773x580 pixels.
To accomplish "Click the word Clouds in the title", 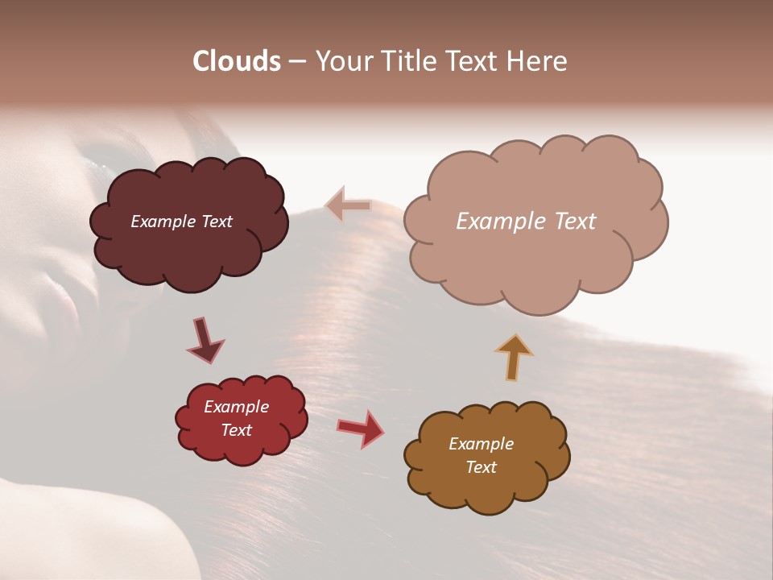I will [237, 61].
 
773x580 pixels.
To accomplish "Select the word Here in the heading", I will [538, 61].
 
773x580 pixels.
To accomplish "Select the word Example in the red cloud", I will [236, 407].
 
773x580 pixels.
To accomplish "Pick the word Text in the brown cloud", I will [481, 467].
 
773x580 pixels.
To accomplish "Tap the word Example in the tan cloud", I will [494, 222].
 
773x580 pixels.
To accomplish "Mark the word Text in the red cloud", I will [236, 430].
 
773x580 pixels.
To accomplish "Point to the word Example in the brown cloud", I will [481, 444].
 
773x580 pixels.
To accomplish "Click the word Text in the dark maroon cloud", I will [216, 222].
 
